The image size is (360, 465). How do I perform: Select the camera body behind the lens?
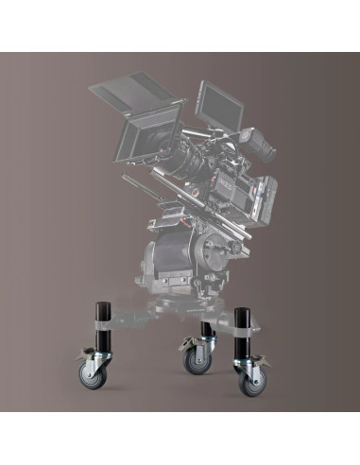coord(231,184)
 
